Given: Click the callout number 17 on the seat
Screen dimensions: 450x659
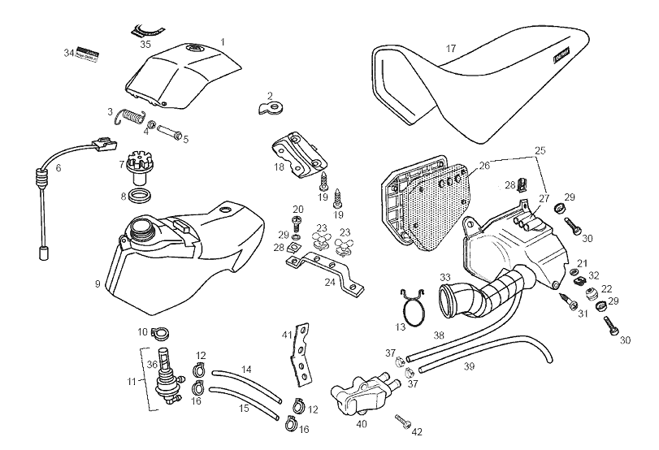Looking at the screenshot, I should point(450,49).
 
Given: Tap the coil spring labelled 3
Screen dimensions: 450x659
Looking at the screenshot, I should point(129,116).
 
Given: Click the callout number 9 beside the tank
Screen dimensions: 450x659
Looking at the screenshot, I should point(98,285).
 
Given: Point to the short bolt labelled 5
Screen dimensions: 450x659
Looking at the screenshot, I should point(171,131).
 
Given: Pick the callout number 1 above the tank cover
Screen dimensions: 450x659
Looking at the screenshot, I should point(223,41).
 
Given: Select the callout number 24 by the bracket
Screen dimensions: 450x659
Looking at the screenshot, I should point(330,283).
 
